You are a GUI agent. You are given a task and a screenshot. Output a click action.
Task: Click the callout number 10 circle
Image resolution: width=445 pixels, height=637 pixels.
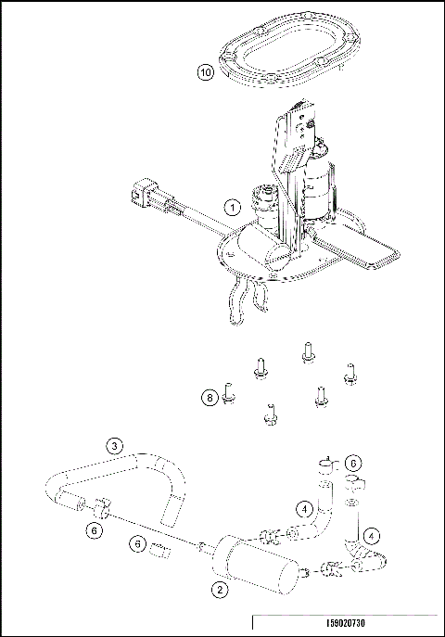click(207, 70)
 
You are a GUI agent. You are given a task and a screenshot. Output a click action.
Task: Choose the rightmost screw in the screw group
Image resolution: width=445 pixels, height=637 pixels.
click(350, 373)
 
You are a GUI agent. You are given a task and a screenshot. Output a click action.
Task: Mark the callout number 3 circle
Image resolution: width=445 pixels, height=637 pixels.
click(113, 445)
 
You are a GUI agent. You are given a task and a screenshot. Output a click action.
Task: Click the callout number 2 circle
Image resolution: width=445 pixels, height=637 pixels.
click(220, 588)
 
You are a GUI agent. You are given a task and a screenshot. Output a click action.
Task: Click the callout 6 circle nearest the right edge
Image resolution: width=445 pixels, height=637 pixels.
click(353, 462)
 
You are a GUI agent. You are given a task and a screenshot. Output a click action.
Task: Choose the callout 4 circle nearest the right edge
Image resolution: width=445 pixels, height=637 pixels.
click(369, 535)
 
